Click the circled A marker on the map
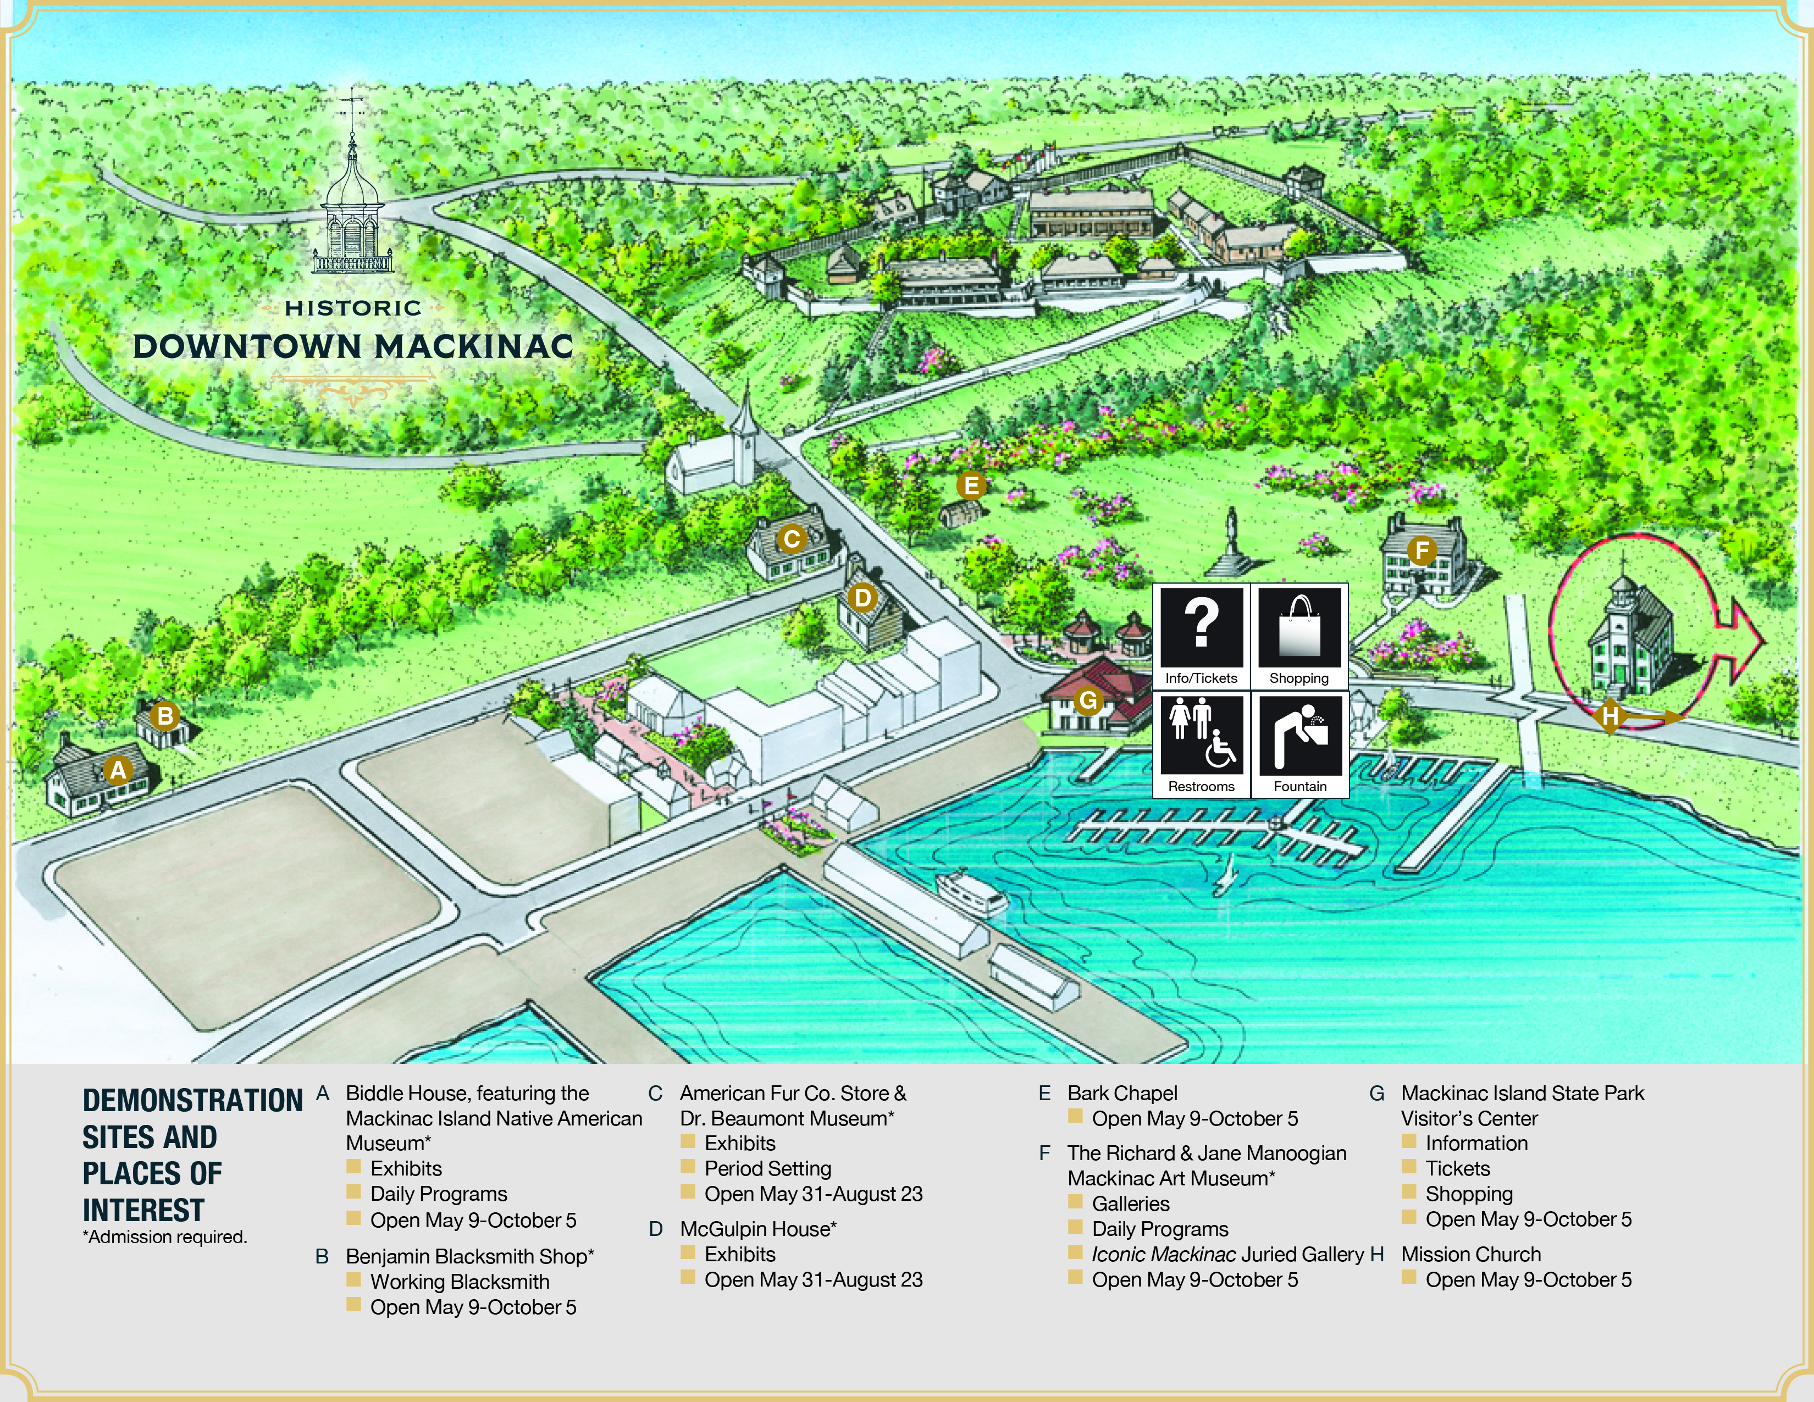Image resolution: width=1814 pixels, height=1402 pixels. (x=118, y=771)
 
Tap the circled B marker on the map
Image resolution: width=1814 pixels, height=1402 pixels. (x=165, y=716)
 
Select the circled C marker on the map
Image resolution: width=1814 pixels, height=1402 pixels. (x=792, y=539)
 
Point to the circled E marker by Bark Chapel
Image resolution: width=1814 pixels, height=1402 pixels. (x=970, y=486)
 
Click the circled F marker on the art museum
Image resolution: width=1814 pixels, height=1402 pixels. (x=1421, y=550)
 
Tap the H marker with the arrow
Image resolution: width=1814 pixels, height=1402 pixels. (x=1611, y=716)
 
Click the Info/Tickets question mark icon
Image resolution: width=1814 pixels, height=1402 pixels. (x=1201, y=628)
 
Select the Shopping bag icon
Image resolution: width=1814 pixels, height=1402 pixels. (x=1299, y=628)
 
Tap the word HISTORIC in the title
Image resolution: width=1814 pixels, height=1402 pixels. (x=353, y=308)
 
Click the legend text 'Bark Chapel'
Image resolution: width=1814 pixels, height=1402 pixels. (x=1122, y=1093)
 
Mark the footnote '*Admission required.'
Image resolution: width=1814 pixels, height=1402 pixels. (x=164, y=1237)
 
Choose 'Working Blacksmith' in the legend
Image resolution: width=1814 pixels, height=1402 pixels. (x=460, y=1282)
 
